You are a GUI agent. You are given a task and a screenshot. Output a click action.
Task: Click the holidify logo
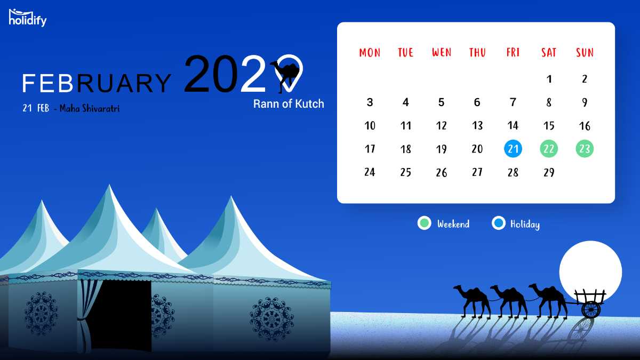pyautogui.click(x=28, y=18)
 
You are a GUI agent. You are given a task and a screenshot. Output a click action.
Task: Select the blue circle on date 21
pyautogui.click(x=513, y=149)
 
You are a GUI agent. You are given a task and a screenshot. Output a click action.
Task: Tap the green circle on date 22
pyautogui.click(x=549, y=149)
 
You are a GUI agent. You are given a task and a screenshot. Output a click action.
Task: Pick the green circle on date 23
pyautogui.click(x=585, y=149)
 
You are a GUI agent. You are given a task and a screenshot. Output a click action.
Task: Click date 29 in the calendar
pyautogui.click(x=549, y=172)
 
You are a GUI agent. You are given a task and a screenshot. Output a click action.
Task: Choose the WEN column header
pyautogui.click(x=442, y=53)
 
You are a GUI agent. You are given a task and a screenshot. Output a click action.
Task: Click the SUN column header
pyautogui.click(x=585, y=53)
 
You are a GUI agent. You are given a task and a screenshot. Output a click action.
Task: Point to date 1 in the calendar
pyautogui.click(x=549, y=79)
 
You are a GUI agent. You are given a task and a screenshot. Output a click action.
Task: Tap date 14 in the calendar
pyautogui.click(x=513, y=125)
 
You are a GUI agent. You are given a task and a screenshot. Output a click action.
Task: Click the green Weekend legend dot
pyautogui.click(x=425, y=223)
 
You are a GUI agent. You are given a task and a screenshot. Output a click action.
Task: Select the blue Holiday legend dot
pyautogui.click(x=499, y=223)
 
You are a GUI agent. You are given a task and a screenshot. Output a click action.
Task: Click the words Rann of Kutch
pyautogui.click(x=289, y=103)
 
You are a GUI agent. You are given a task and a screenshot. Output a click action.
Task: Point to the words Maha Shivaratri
pyautogui.click(x=90, y=108)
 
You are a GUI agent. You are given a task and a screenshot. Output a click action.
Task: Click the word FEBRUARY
pyautogui.click(x=97, y=83)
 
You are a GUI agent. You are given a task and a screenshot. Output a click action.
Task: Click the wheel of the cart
pyautogui.click(x=590, y=309)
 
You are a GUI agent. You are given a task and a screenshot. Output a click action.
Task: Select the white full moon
pyautogui.click(x=590, y=271)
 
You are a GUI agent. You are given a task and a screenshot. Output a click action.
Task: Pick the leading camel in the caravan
pyautogui.click(x=472, y=301)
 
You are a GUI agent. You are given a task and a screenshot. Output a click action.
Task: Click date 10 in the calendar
pyautogui.click(x=370, y=125)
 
